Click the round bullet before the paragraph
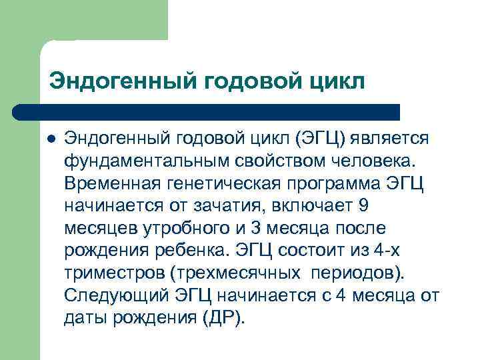point(49,138)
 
